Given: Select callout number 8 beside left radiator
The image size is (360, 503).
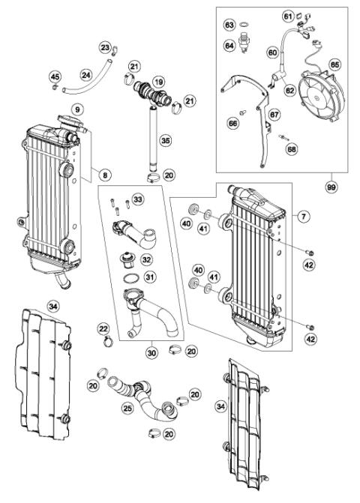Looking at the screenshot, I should pyautogui.click(x=105, y=175).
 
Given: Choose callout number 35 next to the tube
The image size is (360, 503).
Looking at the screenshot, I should pyautogui.click(x=165, y=139).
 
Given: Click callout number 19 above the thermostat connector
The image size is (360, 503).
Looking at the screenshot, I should pyautogui.click(x=158, y=81).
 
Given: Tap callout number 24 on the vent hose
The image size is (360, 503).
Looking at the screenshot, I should pyautogui.click(x=86, y=75).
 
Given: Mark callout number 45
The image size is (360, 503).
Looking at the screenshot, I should pyautogui.click(x=55, y=76).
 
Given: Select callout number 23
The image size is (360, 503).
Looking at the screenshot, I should pyautogui.click(x=105, y=48).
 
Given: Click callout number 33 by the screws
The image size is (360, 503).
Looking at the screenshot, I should pyautogui.click(x=137, y=199).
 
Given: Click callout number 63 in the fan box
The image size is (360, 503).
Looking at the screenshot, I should pyautogui.click(x=229, y=25).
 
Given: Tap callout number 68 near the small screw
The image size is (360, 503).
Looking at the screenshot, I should pyautogui.click(x=291, y=150).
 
